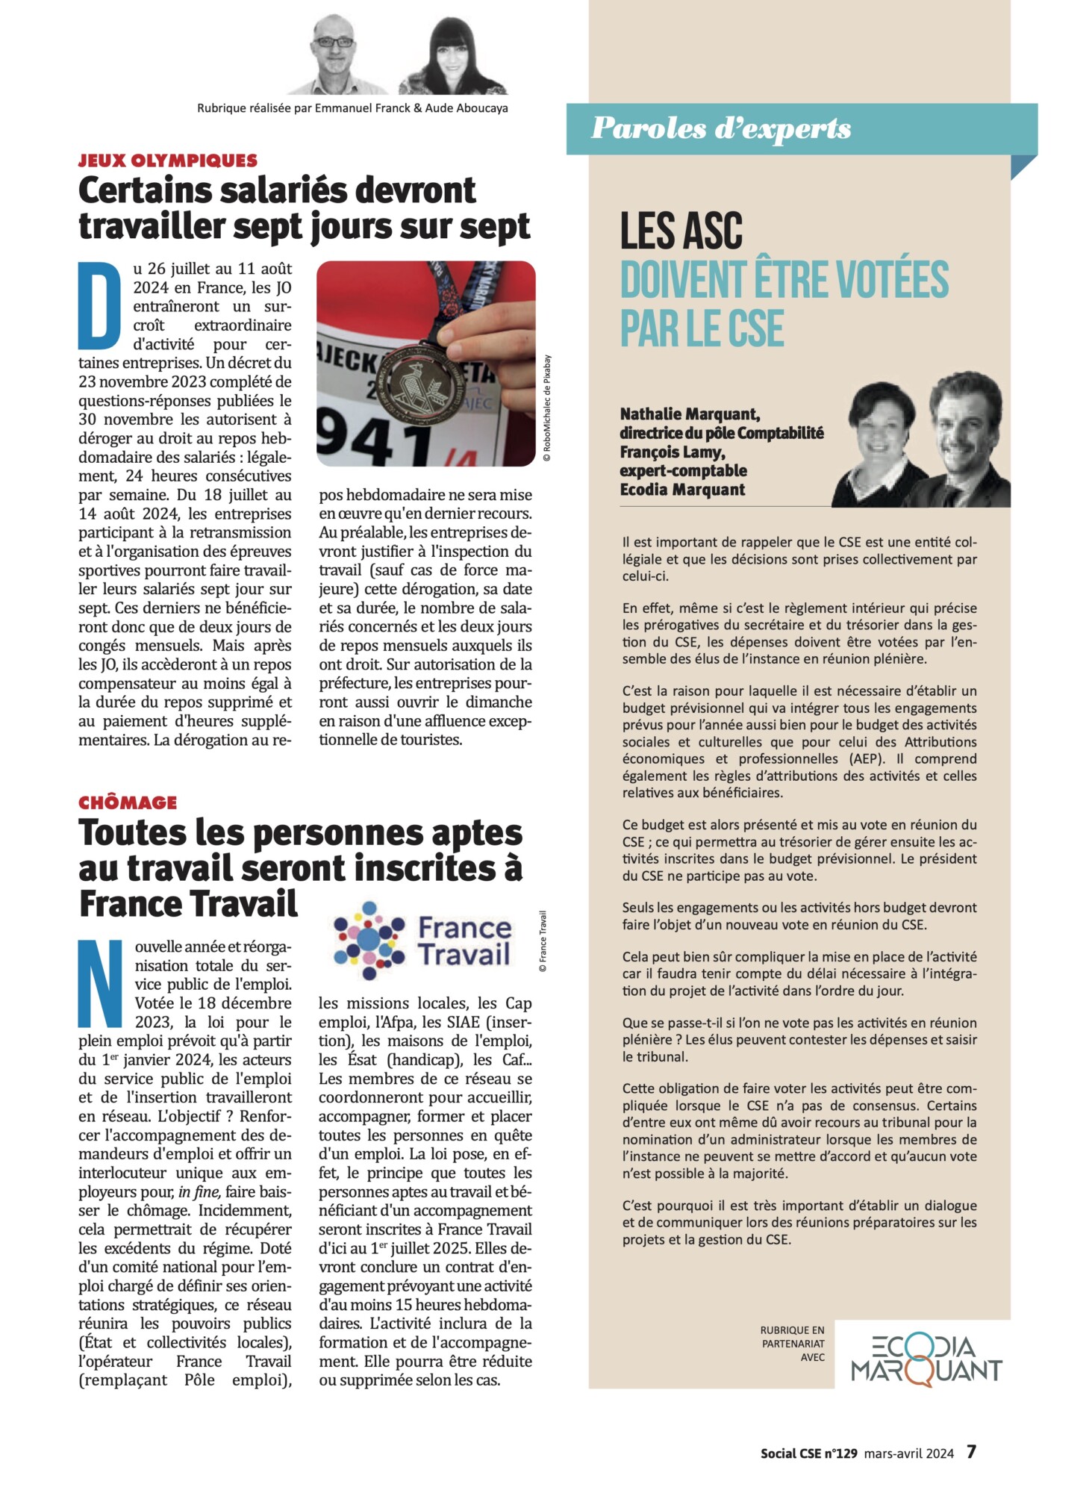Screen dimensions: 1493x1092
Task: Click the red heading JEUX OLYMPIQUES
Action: pos(168,160)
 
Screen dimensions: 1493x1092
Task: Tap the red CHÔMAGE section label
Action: pos(128,802)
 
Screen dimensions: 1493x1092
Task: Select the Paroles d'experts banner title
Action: pos(721,128)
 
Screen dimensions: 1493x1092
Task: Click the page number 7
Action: pos(971,1452)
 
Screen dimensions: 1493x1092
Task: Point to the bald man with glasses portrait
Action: pos(334,52)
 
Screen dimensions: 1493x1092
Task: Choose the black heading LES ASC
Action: pos(681,231)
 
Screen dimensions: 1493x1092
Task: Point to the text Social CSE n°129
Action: pos(808,1453)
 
